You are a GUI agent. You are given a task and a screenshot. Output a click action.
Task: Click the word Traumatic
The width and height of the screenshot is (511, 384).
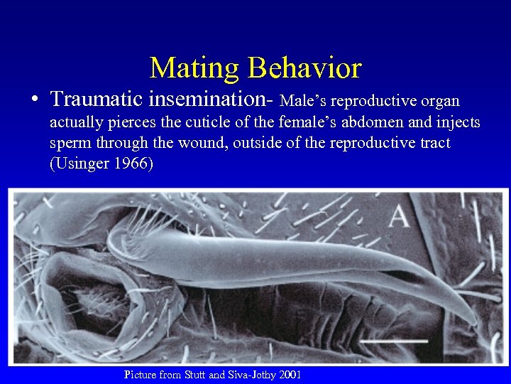click(93, 100)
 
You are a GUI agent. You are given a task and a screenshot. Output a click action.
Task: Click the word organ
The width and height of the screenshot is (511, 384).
click(441, 102)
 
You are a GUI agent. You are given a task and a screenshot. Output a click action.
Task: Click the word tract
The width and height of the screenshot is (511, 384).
click(435, 144)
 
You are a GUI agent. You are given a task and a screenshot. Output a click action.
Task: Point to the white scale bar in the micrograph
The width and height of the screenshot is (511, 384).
click(394, 342)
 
